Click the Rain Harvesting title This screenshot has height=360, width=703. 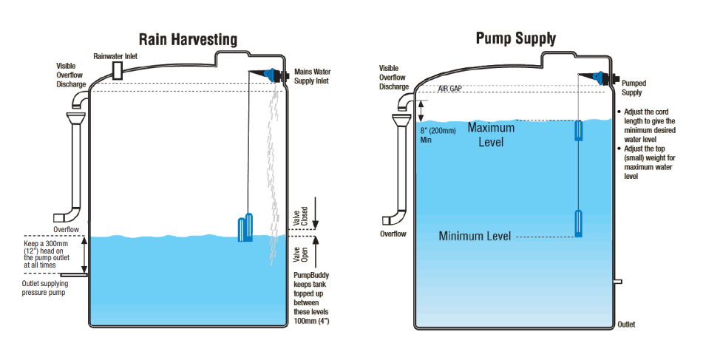pyautogui.click(x=188, y=39)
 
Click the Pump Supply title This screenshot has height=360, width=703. pyautogui.click(x=516, y=38)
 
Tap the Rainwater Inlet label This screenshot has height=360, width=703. pyautogui.click(x=117, y=56)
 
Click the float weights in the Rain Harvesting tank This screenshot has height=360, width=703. pyautogui.click(x=245, y=228)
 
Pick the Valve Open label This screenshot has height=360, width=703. pyautogui.click(x=297, y=254)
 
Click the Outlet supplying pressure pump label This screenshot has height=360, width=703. pyautogui.click(x=47, y=288)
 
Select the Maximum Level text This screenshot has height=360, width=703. pyautogui.click(x=491, y=134)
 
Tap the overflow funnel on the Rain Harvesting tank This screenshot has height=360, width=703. pyautogui.click(x=76, y=119)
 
